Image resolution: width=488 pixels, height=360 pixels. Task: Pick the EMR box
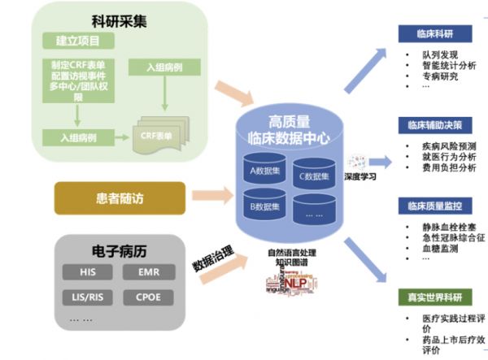pyautogui.click(x=149, y=271)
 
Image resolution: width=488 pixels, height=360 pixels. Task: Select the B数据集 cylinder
pyautogui.click(x=265, y=206)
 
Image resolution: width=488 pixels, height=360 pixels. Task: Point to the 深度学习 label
pyautogui.click(x=363, y=176)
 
